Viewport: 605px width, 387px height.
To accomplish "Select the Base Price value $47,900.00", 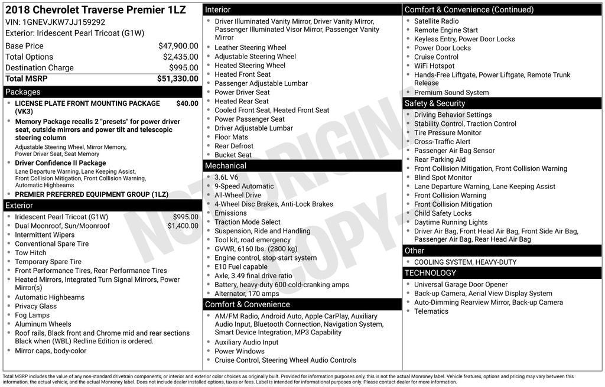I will pyautogui.click(x=178, y=46).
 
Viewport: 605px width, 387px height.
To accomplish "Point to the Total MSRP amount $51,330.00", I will pyautogui.click(x=177, y=79).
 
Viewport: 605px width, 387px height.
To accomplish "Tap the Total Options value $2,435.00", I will pyautogui.click(x=180, y=57).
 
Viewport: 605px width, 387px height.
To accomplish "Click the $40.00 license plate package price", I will pyautogui.click(x=187, y=103).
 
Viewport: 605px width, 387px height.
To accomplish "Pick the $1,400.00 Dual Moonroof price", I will pyautogui.click(x=183, y=226).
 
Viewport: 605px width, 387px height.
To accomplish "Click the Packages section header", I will pyautogui.click(x=23, y=92).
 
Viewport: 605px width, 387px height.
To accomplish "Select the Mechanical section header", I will pyautogui.click(x=226, y=166).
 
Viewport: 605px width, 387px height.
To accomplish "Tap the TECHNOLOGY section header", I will pyautogui.click(x=430, y=273).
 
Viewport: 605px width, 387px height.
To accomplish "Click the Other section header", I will pyautogui.click(x=415, y=251).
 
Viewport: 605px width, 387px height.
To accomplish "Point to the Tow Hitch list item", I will pyautogui.click(x=31, y=253).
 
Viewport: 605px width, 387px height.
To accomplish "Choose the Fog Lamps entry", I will pyautogui.click(x=32, y=315).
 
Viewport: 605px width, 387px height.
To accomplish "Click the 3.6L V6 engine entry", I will pyautogui.click(x=226, y=177).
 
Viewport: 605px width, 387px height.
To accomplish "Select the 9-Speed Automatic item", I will pyautogui.click(x=244, y=186).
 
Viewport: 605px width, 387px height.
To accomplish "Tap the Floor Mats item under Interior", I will pyautogui.click(x=231, y=137).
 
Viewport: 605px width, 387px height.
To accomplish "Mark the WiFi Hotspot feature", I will pyautogui.click(x=434, y=66).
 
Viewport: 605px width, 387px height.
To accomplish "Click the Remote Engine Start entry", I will pyautogui.click(x=446, y=30).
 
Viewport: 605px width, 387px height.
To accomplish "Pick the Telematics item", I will pyautogui.click(x=431, y=311).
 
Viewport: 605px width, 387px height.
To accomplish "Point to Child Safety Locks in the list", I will pyautogui.click(x=443, y=213).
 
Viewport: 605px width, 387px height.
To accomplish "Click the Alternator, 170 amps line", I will pyautogui.click(x=247, y=294).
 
